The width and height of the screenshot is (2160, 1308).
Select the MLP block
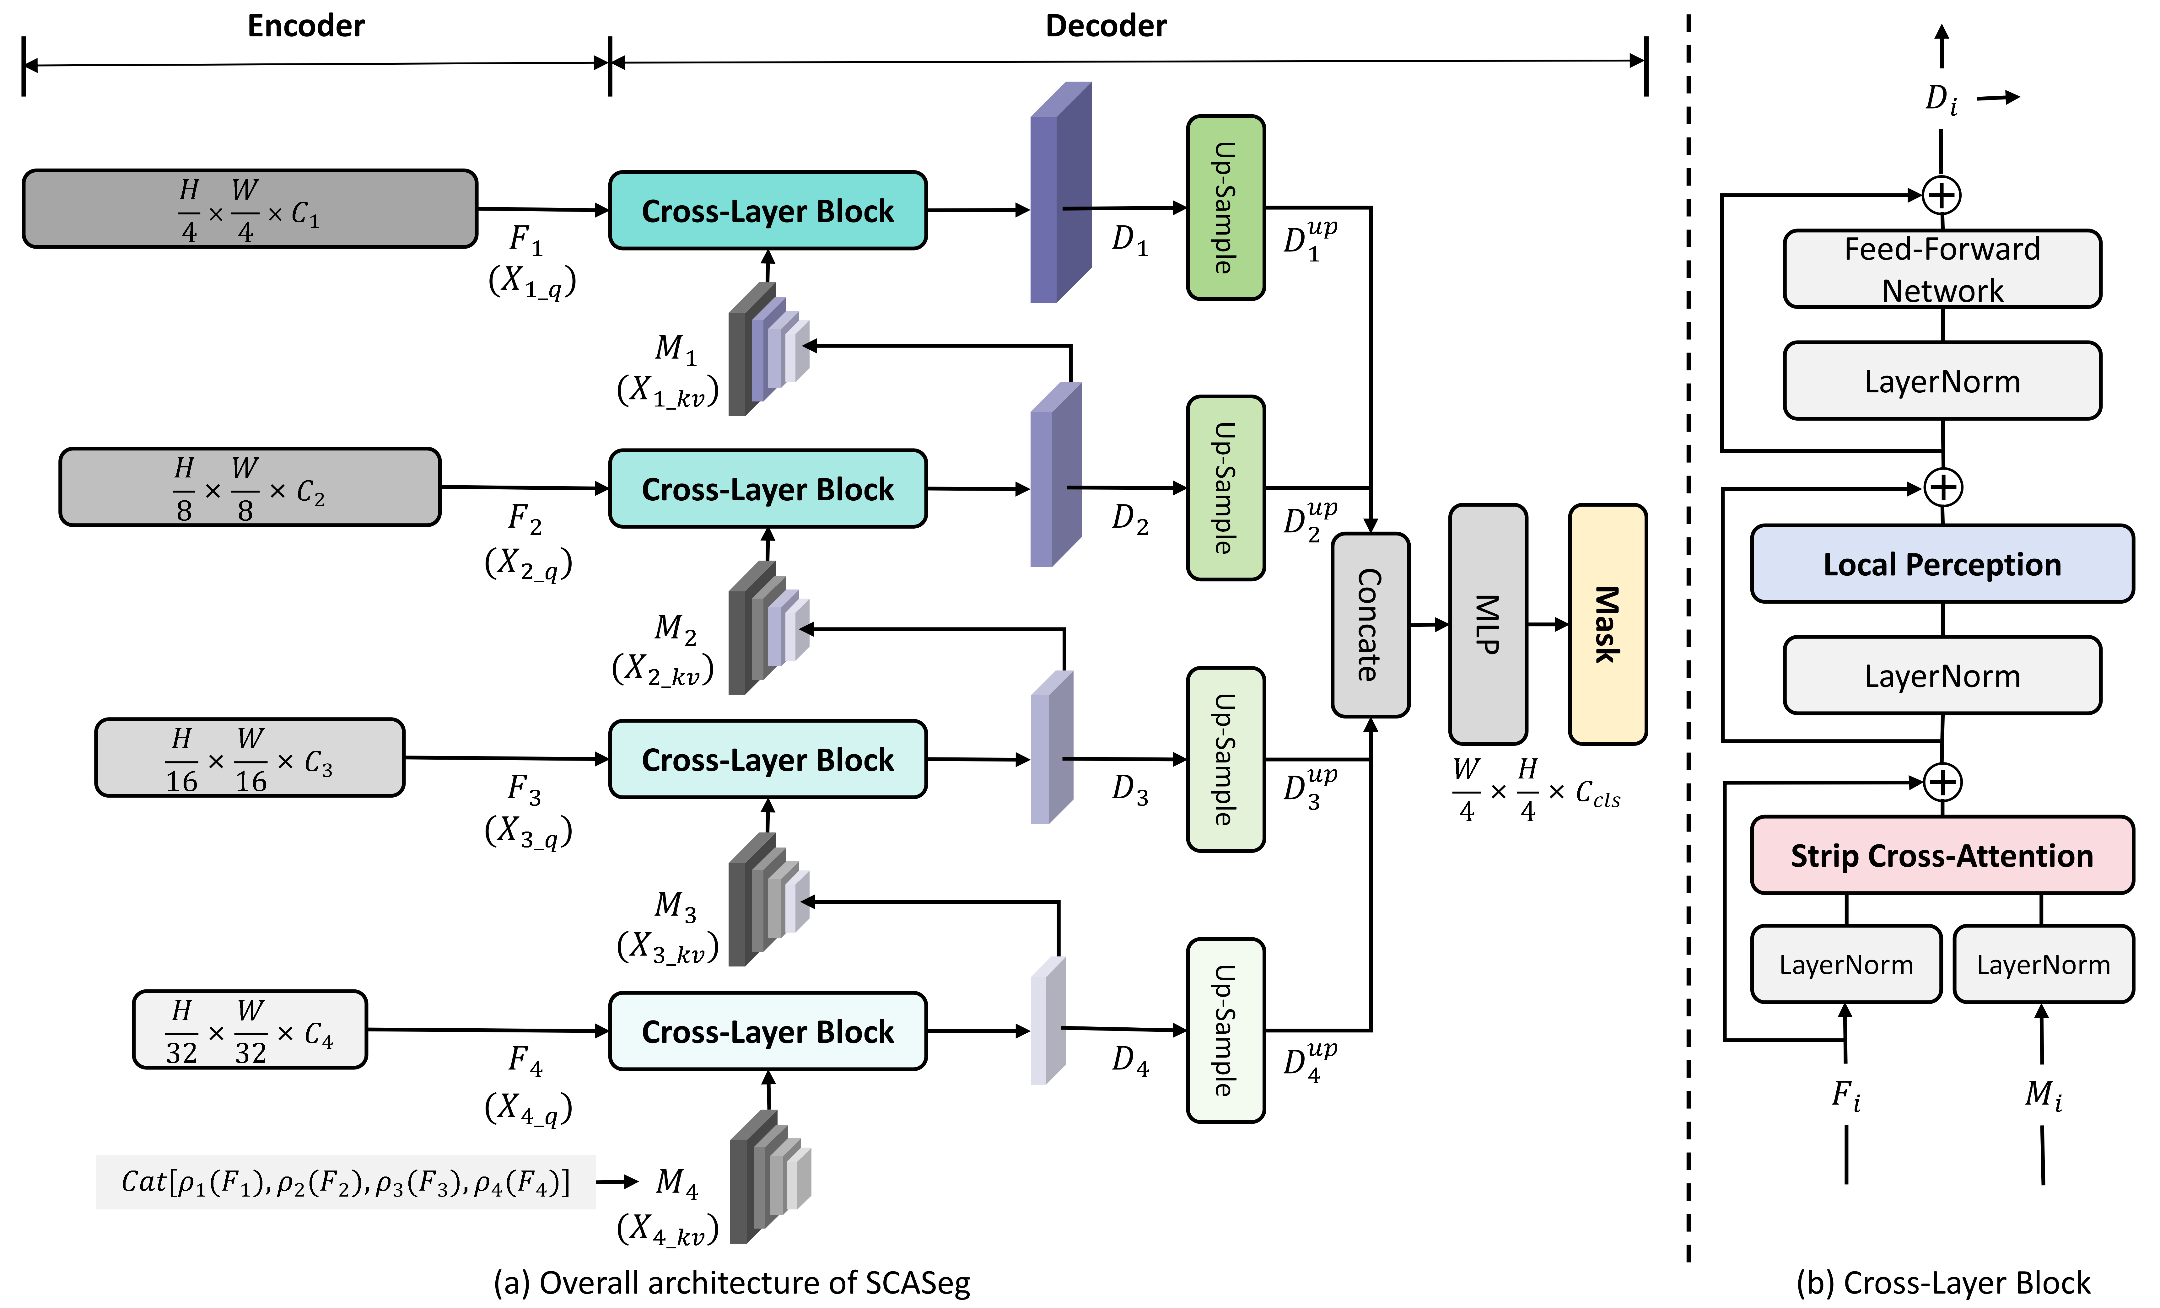coord(1488,624)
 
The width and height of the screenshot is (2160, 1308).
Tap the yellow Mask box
coord(1607,624)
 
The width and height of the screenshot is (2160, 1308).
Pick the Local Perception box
coord(1942,564)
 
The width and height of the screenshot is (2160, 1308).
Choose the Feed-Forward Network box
coord(1942,269)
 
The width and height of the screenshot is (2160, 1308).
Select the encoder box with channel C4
coord(250,1029)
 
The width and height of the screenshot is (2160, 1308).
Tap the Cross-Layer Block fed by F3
coord(768,759)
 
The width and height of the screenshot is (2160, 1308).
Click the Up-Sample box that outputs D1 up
coord(1225,208)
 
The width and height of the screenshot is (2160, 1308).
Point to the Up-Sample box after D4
coord(1225,1030)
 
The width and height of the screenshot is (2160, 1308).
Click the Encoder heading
coord(306,26)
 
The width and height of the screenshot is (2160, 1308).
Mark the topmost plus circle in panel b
coord(1942,195)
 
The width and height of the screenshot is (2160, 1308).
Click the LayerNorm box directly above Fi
coord(1846,964)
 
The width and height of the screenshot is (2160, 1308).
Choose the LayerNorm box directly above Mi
coord(2043,964)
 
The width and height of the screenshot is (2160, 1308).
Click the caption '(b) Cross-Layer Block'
coord(1942,1283)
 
